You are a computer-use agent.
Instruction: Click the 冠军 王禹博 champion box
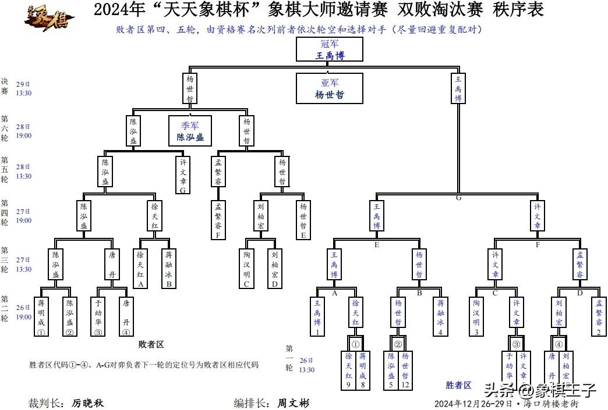tap(330, 50)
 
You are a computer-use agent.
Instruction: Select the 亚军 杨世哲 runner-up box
tap(330, 88)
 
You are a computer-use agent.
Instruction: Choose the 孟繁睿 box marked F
tap(218, 220)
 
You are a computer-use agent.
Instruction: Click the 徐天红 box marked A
tap(140, 268)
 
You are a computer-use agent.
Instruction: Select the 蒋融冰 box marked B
tap(168, 268)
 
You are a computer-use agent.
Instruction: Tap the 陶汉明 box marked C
tap(246, 268)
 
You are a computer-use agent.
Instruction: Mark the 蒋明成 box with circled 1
tap(41, 317)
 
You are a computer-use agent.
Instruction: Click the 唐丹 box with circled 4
tap(126, 317)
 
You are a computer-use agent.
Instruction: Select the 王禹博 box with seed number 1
tap(317, 317)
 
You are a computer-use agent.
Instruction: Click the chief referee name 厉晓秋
tap(87, 402)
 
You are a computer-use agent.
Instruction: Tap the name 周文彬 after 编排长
tap(293, 402)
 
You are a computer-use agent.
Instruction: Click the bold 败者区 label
tap(151, 345)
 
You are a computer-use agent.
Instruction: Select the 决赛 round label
tap(5, 87)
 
